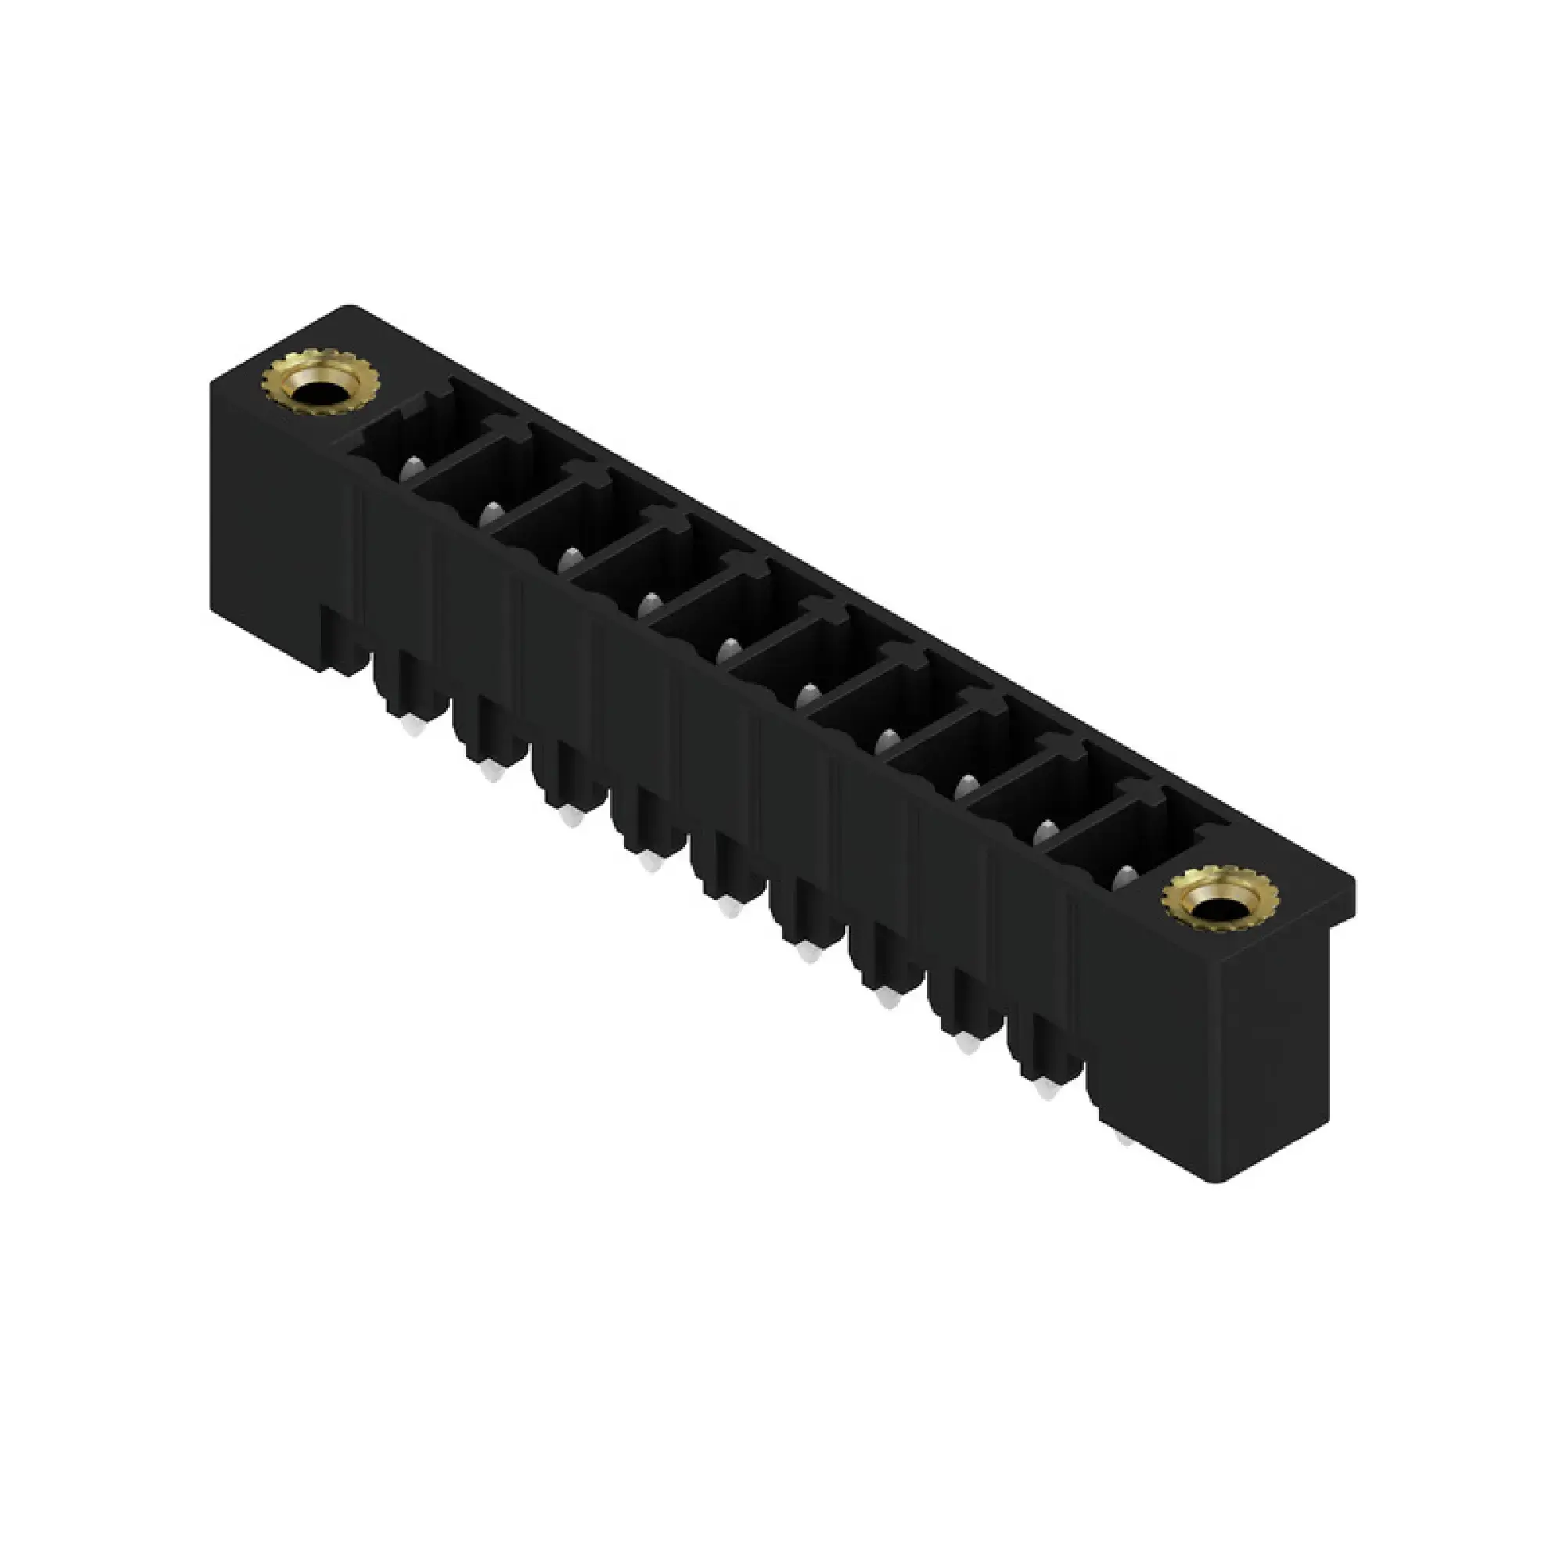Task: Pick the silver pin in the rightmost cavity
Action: [1124, 877]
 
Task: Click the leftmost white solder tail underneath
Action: [411, 727]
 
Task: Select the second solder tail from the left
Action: [490, 773]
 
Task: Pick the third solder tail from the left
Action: [570, 819]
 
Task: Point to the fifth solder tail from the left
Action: [729, 910]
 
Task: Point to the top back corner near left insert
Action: [350, 308]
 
